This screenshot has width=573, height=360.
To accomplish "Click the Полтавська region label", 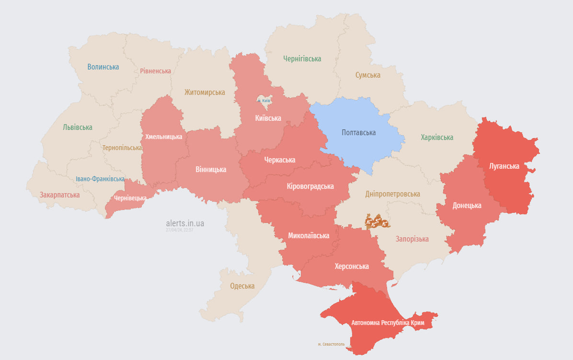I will (x=358, y=133).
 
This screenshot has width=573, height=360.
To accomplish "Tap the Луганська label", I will (x=504, y=166).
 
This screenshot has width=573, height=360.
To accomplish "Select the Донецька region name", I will (x=467, y=206).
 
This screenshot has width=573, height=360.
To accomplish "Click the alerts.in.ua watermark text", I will (x=185, y=223).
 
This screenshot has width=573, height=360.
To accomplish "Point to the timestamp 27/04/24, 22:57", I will (x=179, y=230).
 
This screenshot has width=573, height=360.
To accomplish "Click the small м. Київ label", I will (x=264, y=101).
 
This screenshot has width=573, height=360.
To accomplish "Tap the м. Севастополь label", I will (x=331, y=344).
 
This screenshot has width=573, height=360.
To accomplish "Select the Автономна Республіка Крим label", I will (x=388, y=323).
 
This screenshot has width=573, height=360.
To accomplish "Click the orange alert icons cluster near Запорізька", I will (x=377, y=221).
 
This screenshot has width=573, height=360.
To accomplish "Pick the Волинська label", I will (x=103, y=67).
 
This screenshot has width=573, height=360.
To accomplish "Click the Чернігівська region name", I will (x=302, y=59).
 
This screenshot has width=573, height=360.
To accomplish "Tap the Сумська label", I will (x=367, y=75).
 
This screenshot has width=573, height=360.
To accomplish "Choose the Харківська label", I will (x=437, y=138).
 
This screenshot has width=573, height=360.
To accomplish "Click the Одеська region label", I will (x=242, y=286).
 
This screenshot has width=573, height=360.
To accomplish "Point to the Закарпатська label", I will (x=60, y=195).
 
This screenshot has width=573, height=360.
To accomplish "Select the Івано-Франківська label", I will (x=100, y=179).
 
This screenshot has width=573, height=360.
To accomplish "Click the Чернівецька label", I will (x=130, y=198).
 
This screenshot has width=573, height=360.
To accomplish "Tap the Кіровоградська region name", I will (x=310, y=186).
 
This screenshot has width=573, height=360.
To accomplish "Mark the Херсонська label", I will (x=352, y=267).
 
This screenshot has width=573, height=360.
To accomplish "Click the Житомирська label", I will (x=205, y=93).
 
